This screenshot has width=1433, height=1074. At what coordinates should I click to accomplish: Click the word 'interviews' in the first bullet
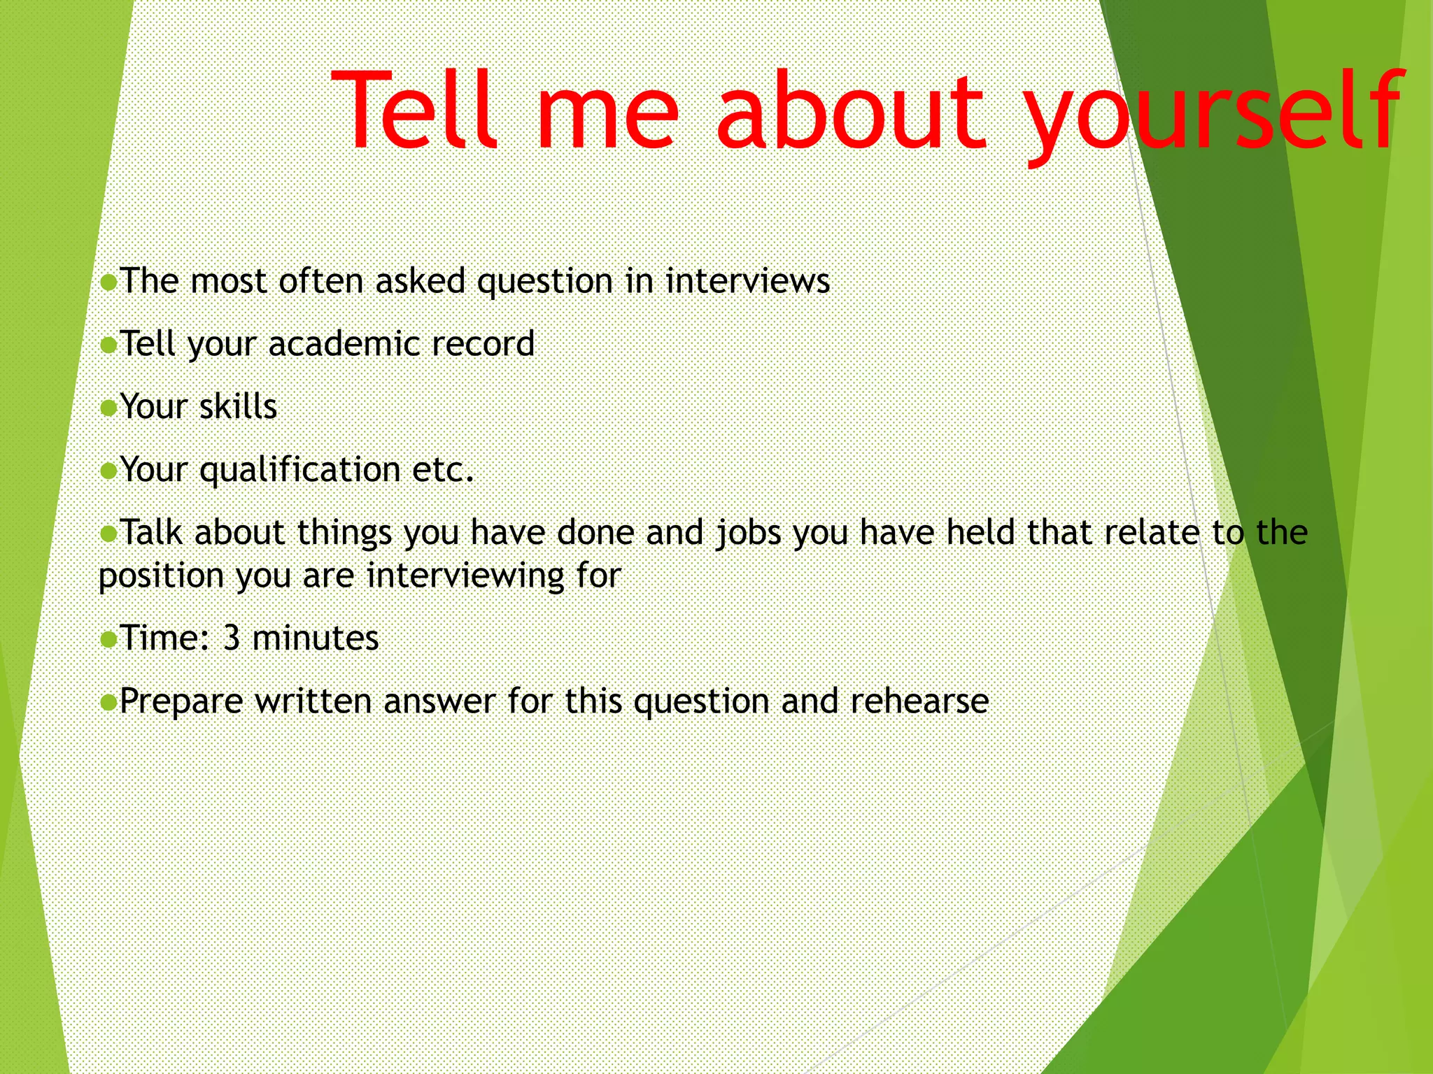[747, 282]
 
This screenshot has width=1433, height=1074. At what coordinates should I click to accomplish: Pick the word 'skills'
[238, 407]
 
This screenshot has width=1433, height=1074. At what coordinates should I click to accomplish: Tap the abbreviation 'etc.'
[444, 470]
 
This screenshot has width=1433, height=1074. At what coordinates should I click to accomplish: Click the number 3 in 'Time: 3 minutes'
[232, 638]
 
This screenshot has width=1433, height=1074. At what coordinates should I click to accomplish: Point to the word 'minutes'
[316, 638]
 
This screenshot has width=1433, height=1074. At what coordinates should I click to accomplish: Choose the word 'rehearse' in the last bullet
[919, 701]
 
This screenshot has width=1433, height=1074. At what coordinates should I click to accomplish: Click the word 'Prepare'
[181, 702]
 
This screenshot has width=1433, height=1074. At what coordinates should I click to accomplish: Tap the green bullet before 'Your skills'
[108, 408]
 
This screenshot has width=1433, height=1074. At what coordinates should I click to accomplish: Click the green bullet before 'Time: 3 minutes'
[108, 639]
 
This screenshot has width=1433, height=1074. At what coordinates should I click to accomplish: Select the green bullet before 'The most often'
[108, 282]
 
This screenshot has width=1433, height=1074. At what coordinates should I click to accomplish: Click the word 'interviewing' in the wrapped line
[465, 577]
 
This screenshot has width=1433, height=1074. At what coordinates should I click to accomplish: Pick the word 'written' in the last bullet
[313, 701]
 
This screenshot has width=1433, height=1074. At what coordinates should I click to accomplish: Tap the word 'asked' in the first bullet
[421, 281]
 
